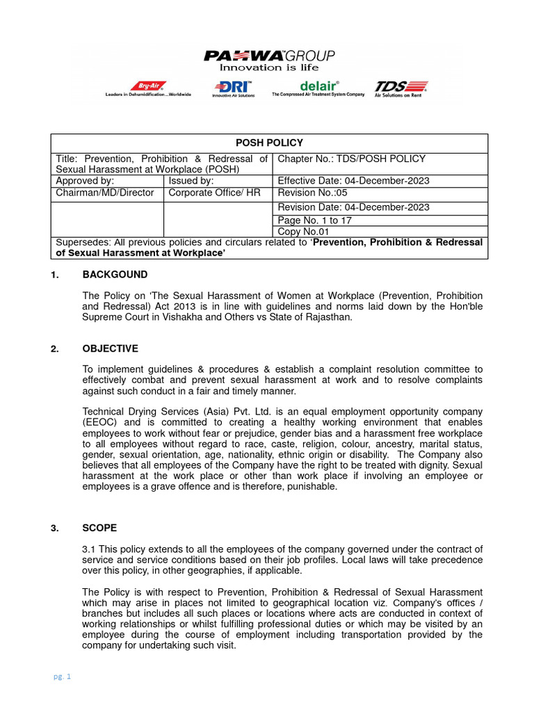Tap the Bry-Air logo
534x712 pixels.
coord(148,88)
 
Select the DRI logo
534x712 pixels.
coord(233,88)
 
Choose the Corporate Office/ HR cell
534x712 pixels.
coord(215,193)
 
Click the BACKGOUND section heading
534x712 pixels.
coord(115,275)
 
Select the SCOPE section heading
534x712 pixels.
coord(99,528)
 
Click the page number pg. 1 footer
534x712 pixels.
coord(63,677)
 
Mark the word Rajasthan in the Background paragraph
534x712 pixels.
coord(330,317)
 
